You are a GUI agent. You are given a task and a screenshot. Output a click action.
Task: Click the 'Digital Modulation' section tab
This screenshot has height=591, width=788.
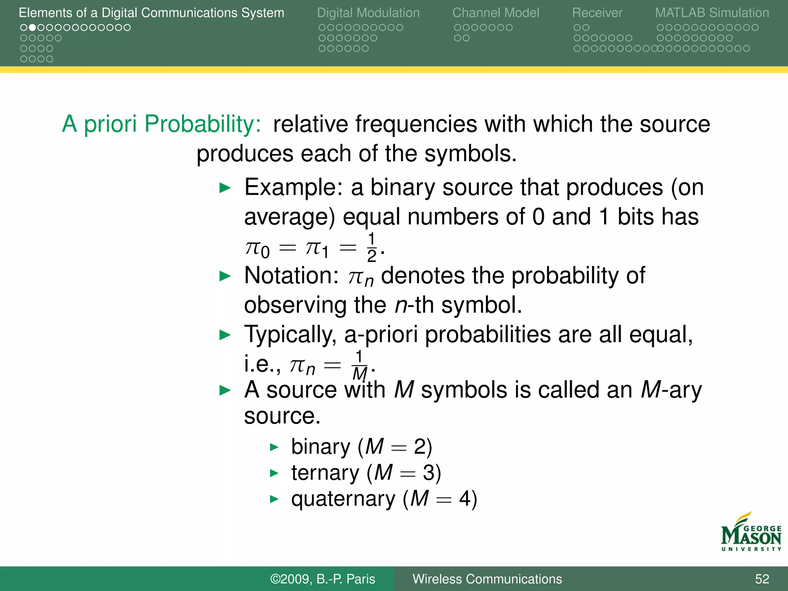tap(368, 13)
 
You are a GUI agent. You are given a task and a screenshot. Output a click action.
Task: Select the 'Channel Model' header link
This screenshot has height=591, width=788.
tap(496, 13)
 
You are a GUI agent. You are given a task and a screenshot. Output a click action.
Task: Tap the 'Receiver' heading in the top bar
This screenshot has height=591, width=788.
tap(597, 13)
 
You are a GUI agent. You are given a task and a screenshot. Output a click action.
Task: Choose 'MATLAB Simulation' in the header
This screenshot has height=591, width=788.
tap(712, 13)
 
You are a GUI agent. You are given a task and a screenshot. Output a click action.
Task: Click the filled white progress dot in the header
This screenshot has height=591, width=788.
tap(33, 28)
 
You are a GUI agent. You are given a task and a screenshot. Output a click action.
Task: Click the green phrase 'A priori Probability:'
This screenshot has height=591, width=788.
tap(162, 124)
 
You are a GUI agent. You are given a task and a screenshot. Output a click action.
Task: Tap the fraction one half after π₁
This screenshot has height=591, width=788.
tap(371, 247)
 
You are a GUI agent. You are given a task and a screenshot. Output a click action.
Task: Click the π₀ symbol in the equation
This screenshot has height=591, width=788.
tap(257, 249)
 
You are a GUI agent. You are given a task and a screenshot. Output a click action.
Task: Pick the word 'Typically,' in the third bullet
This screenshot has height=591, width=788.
tap(290, 334)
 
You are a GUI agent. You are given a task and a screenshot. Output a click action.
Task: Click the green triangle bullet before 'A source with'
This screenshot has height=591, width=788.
tap(225, 391)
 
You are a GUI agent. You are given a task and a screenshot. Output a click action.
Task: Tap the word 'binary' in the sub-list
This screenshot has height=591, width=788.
tap(321, 447)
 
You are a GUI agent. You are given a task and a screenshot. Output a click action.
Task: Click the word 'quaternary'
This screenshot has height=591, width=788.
tap(343, 499)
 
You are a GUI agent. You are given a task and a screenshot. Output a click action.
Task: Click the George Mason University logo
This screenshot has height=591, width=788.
tap(751, 533)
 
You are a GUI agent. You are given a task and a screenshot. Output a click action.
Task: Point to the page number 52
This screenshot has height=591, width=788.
tap(762, 579)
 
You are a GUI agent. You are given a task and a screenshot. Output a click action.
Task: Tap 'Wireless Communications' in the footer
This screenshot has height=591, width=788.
tap(487, 579)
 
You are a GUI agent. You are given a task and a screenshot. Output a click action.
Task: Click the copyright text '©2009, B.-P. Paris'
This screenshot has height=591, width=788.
tap(322, 579)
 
